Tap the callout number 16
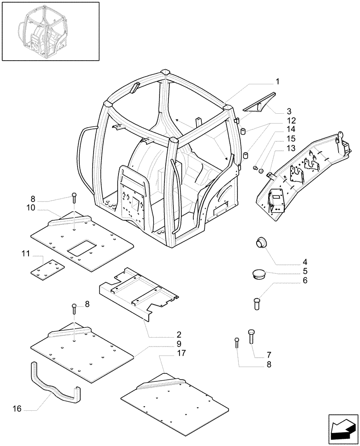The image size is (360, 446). click(16, 408)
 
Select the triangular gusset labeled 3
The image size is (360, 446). click(259, 103)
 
